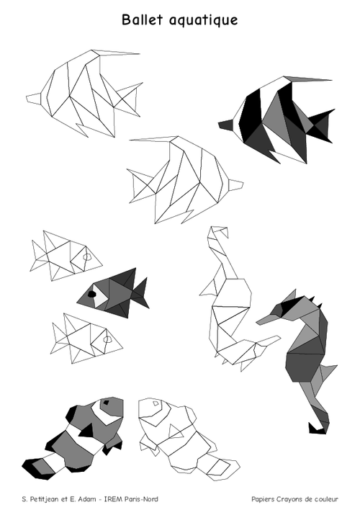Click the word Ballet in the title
coord(142,19)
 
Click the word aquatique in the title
coord(204,20)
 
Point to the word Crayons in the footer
coord(281,499)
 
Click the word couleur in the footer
coord(326,499)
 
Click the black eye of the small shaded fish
coord(92,294)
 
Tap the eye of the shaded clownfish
coord(106,403)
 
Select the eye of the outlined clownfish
coord(156,403)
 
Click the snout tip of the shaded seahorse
coord(258,322)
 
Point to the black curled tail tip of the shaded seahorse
coord(316,429)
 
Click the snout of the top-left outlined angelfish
coord(34,99)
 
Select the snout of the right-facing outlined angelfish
coord(235,184)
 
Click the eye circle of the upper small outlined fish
coord(87,256)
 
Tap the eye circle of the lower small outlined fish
coord(107,339)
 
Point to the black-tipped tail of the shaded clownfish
coord(36,467)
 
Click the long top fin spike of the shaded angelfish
coord(307,79)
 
